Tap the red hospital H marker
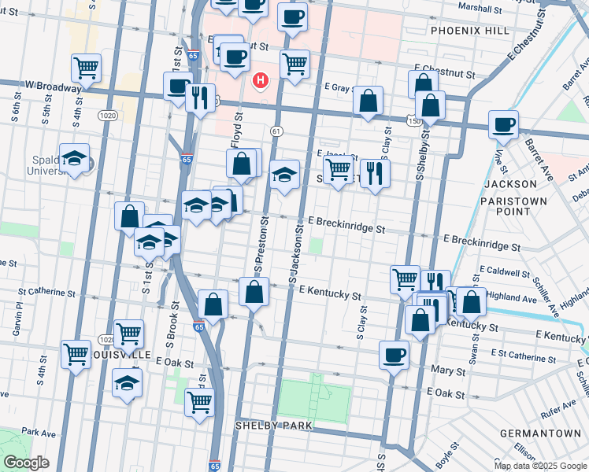tap(259, 80)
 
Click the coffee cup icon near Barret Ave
tap(503, 124)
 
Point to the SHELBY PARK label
tap(273, 426)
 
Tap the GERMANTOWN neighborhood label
tap(540, 433)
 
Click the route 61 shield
tap(277, 130)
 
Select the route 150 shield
tap(413, 120)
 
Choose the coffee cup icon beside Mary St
tap(394, 354)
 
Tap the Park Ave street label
tap(39, 433)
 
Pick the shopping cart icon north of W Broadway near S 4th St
tap(86, 68)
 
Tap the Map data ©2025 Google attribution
tap(539, 466)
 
